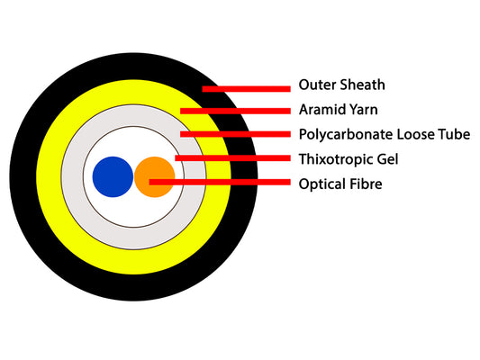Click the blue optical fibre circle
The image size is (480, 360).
[113, 176]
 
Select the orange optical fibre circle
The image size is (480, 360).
[155, 176]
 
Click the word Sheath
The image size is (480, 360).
[363, 85]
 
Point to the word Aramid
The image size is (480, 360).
[324, 110]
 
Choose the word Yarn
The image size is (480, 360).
[366, 110]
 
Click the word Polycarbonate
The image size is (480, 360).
[346, 135]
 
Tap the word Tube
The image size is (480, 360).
[454, 134]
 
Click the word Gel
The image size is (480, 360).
[388, 159]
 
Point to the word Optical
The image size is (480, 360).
[321, 184]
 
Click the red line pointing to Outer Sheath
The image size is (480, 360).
[247, 89]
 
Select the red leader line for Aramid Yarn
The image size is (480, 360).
[235, 111]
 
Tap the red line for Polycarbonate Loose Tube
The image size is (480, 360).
[235, 134]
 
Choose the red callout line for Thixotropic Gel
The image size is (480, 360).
[232, 157]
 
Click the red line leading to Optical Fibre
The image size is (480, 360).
[220, 183]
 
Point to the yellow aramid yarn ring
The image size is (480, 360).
[49, 176]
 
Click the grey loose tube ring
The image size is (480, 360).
[72, 176]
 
